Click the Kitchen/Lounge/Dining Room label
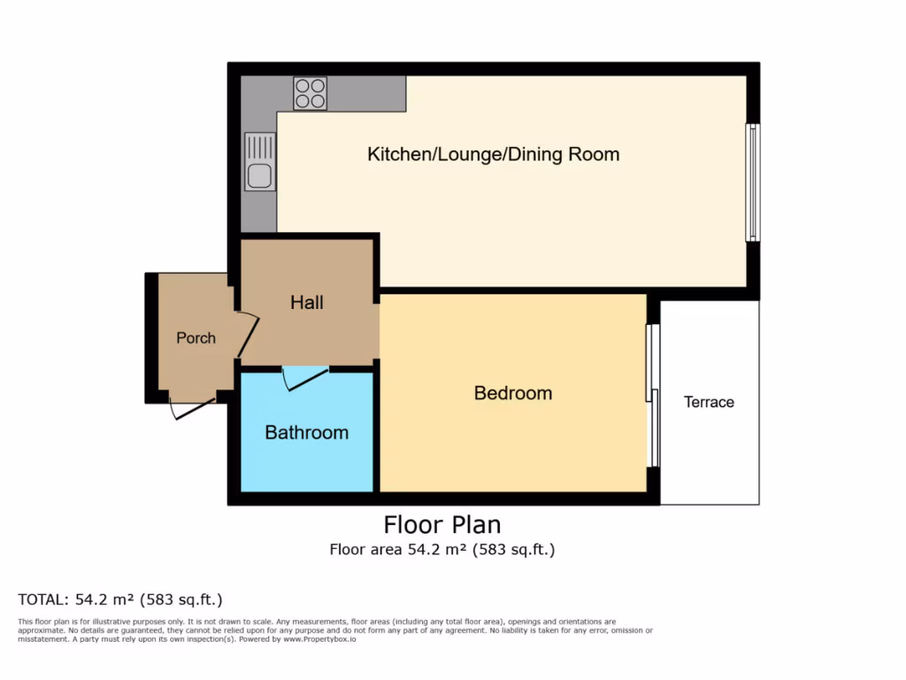pyautogui.click(x=493, y=154)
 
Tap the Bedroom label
pyautogui.click(x=512, y=392)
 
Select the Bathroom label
pyautogui.click(x=306, y=432)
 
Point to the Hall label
pyautogui.click(x=307, y=302)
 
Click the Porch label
pyautogui.click(x=196, y=337)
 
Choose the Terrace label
pyautogui.click(x=709, y=402)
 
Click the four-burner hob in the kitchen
pyautogui.click(x=310, y=93)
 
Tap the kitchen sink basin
pyautogui.click(x=259, y=175)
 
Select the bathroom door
pyautogui.click(x=304, y=378)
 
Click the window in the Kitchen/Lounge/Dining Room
pyautogui.click(x=752, y=182)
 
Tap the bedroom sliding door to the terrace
pyautogui.click(x=652, y=395)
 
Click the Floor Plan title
pyautogui.click(x=441, y=523)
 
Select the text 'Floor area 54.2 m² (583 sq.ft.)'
pyautogui.click(x=441, y=549)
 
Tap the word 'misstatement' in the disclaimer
pyautogui.click(x=42, y=638)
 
